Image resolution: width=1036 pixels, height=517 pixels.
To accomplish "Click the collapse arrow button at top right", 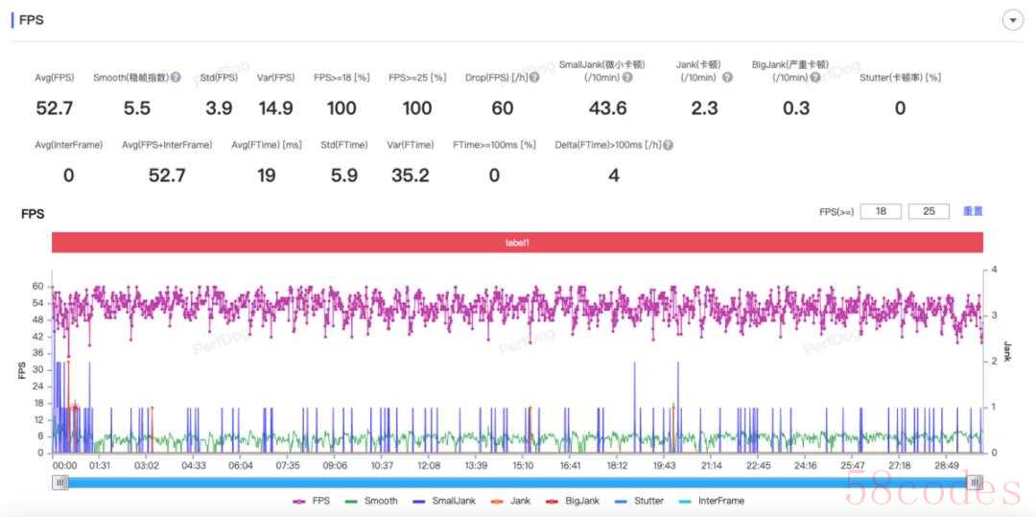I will [1012, 20].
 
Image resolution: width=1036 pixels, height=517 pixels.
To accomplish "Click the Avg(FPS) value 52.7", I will [55, 108].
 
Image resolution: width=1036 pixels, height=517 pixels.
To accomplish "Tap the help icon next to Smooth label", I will [176, 78].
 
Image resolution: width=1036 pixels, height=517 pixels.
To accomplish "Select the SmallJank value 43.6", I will [607, 108].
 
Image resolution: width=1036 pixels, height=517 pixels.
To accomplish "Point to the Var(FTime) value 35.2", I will [410, 176].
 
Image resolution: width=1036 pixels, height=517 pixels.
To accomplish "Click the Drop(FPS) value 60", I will [503, 108].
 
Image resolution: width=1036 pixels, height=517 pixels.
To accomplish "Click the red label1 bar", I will [517, 243].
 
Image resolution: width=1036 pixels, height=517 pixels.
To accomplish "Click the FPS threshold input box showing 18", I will [881, 211].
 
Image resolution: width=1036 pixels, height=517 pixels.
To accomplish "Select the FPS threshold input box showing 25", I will [929, 211].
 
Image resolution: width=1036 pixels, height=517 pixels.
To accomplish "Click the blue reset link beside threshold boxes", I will [973, 211].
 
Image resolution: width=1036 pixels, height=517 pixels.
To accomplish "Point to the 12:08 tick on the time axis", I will [429, 465].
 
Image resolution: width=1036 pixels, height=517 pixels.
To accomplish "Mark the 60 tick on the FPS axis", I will [37, 286].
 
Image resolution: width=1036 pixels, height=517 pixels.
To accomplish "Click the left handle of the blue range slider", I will [61, 482].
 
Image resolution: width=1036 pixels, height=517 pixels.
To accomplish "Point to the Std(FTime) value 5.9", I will [342, 176].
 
